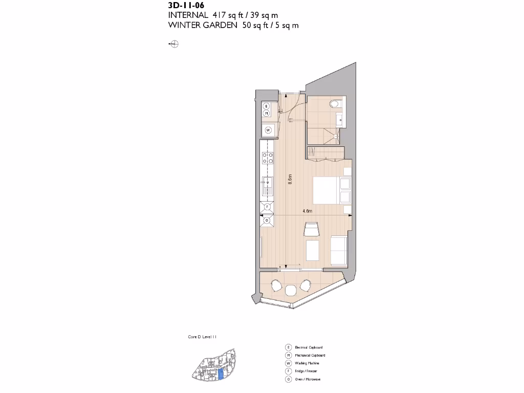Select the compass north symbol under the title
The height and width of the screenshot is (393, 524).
174,45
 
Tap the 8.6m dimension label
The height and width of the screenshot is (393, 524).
290,180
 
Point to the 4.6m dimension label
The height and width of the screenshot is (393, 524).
308,211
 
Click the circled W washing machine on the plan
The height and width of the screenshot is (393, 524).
267,130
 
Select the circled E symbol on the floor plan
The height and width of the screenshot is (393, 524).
267,106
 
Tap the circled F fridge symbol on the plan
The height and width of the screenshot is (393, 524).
267,207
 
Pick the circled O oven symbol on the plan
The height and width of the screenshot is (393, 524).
267,221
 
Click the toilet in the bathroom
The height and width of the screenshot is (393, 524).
335,104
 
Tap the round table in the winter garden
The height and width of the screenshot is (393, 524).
291,290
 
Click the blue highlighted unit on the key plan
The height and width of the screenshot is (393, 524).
221,374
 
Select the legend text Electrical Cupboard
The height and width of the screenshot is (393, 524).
309,347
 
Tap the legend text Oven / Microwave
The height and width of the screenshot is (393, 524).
308,379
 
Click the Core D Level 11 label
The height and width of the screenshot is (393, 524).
203,337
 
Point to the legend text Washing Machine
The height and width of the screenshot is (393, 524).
307,363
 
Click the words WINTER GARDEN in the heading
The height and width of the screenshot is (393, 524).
202,26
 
